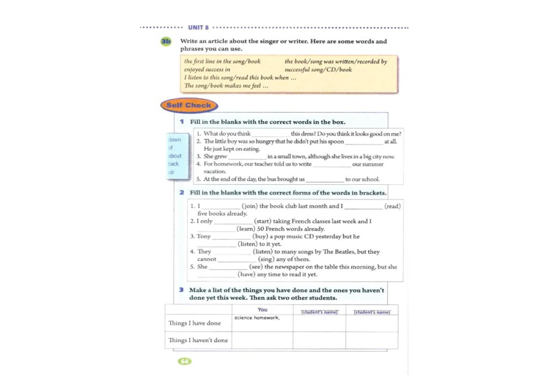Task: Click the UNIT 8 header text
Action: pyautogui.click(x=198, y=27)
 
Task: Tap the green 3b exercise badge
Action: pyautogui.click(x=166, y=42)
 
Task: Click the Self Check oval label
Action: pyautogui.click(x=189, y=106)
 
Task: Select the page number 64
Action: pyautogui.click(x=184, y=361)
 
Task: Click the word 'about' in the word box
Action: pyautogui.click(x=175, y=156)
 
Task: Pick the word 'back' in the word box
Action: pyautogui.click(x=174, y=164)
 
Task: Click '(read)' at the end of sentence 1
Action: pyautogui.click(x=392, y=206)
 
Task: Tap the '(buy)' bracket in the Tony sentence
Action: pyautogui.click(x=261, y=237)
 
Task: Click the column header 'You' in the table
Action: pyautogui.click(x=262, y=309)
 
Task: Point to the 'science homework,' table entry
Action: pyautogui.click(x=257, y=317)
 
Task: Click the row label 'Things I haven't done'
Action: pyautogui.click(x=198, y=340)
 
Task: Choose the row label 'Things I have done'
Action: pyautogui.click(x=195, y=323)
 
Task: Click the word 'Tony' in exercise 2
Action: pyautogui.click(x=203, y=237)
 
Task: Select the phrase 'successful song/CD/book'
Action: pyautogui.click(x=318, y=70)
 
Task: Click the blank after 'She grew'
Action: pyautogui.click(x=247, y=157)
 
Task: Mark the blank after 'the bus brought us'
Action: pyautogui.click(x=325, y=179)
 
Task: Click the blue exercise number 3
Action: pyautogui.click(x=181, y=290)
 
